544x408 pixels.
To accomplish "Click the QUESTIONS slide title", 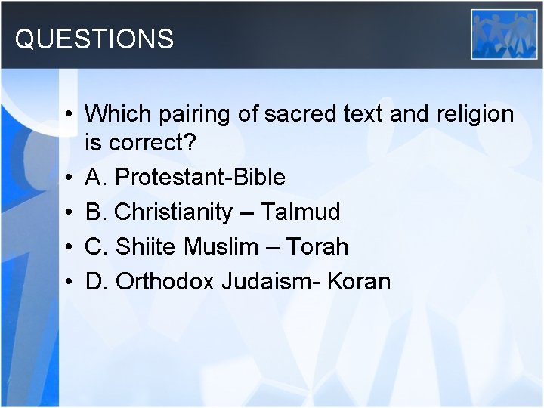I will (94, 39).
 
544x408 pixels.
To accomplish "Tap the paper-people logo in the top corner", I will (504, 34).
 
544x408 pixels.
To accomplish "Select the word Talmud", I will (300, 212).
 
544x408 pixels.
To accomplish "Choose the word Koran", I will (364, 282).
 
